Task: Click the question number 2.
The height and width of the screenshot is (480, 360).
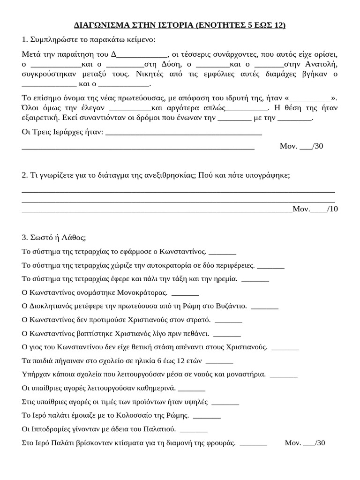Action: tap(24, 175)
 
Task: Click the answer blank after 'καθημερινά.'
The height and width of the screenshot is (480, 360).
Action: tap(192, 388)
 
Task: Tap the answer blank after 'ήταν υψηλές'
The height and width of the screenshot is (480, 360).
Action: tap(225, 402)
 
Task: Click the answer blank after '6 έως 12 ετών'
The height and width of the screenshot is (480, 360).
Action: tap(219, 361)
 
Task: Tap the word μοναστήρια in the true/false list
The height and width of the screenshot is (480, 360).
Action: tap(245, 375)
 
